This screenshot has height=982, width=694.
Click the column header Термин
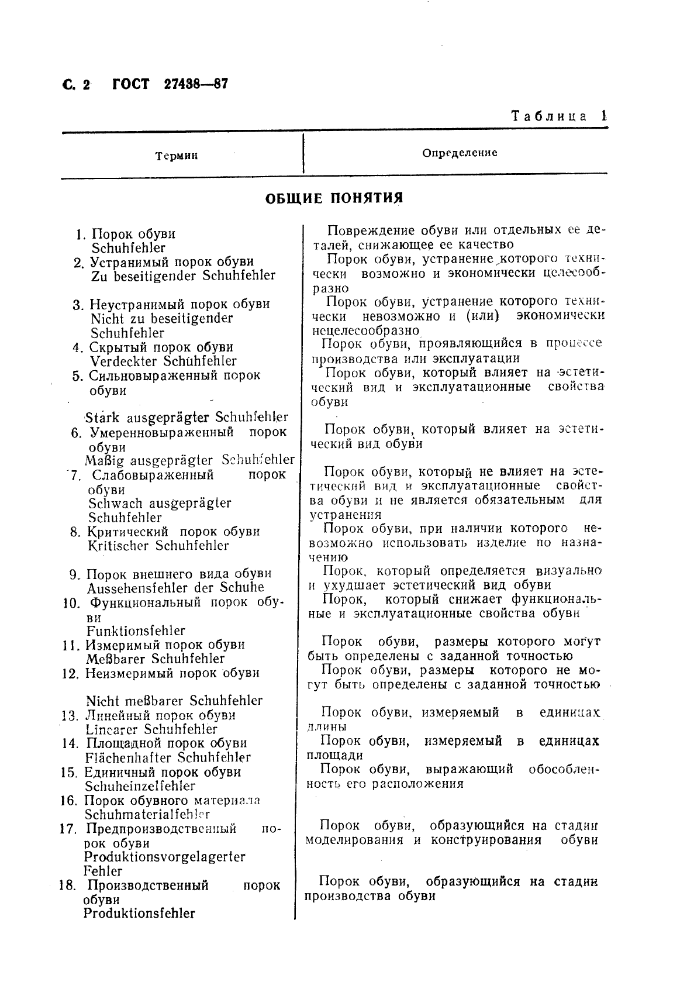tap(177, 156)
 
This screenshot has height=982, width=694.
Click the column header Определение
tap(460, 153)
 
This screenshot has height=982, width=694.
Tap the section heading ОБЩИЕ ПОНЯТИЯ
tap(334, 198)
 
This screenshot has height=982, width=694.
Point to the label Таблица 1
tap(559, 116)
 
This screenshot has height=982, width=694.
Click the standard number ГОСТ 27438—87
tap(170, 84)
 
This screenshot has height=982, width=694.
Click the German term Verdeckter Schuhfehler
tap(163, 361)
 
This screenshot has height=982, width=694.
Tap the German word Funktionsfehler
tap(136, 630)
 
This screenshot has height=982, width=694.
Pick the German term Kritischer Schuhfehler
tap(158, 545)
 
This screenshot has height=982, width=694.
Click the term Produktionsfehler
tap(139, 913)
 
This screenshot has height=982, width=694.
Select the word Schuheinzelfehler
tap(140, 785)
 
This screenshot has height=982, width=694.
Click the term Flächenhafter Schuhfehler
tap(168, 757)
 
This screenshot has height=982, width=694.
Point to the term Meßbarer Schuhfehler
tap(155, 659)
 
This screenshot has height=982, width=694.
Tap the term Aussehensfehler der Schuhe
tap(175, 588)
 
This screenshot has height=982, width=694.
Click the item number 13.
tap(69, 715)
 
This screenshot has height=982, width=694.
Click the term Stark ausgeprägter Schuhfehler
tap(187, 417)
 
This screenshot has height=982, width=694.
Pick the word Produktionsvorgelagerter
tap(164, 857)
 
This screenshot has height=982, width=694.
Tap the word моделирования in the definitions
tap(354, 840)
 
